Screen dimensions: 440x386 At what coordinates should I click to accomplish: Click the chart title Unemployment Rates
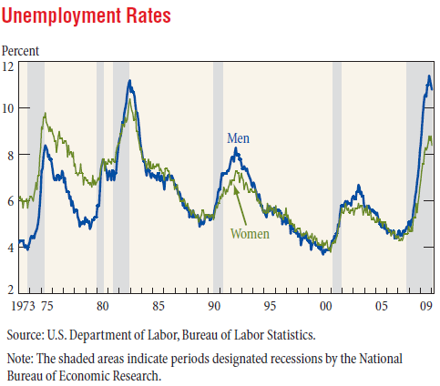tap(87, 15)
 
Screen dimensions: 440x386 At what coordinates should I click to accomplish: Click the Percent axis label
tap(20, 51)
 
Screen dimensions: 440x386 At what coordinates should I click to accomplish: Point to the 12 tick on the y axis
tap(8, 66)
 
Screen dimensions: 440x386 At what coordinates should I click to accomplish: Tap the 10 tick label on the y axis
tap(8, 108)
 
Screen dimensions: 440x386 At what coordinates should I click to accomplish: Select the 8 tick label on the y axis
tap(11, 155)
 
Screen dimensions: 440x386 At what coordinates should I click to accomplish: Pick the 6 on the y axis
tap(11, 201)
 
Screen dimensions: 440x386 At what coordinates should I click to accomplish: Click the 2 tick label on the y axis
tap(11, 289)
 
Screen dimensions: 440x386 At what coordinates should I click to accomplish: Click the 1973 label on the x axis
tap(23, 306)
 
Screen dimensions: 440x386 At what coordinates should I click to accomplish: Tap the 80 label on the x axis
tap(103, 306)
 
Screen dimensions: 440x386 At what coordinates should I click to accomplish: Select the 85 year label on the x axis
tap(159, 306)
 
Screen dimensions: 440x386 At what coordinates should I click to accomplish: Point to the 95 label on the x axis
tap(270, 306)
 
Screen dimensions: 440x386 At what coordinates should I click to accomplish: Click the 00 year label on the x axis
tap(325, 306)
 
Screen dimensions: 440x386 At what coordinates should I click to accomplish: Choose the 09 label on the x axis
tap(426, 306)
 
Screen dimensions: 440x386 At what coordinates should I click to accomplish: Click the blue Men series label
tap(239, 138)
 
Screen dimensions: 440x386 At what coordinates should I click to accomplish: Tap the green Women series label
tap(250, 234)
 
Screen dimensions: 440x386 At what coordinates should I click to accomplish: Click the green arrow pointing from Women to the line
tap(240, 206)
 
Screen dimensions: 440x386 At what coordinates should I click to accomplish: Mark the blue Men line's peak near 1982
tap(129, 81)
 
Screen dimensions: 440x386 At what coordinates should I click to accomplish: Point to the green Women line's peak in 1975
tap(46, 114)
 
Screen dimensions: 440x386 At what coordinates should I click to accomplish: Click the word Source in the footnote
tap(26, 335)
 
